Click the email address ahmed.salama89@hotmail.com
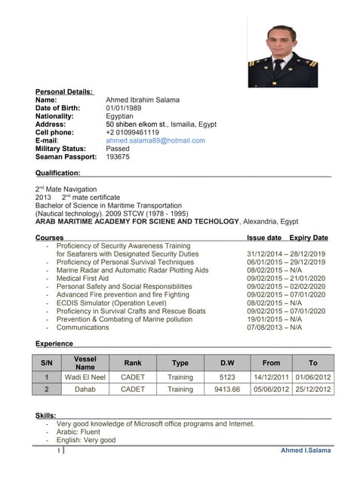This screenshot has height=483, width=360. pos(155,140)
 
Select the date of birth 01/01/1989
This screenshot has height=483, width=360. pos(124,108)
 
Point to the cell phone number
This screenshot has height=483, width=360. pos(133,132)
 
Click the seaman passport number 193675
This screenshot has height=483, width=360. pos(118,157)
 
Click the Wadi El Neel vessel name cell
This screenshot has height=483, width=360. pos(85,377)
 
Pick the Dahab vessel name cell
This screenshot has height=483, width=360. pos(85,389)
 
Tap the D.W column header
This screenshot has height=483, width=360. pos(227,363)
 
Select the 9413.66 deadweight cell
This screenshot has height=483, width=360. pos(227,389)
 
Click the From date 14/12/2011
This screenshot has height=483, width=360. pos(270,377)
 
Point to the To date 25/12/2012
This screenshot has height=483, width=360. pos(313,389)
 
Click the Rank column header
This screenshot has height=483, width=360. pos(133,363)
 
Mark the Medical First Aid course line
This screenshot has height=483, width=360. pos(82,278)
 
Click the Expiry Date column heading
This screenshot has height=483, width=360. pos(309,238)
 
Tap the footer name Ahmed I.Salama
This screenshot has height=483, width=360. pos(306,451)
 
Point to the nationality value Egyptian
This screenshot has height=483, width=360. pos(120,116)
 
